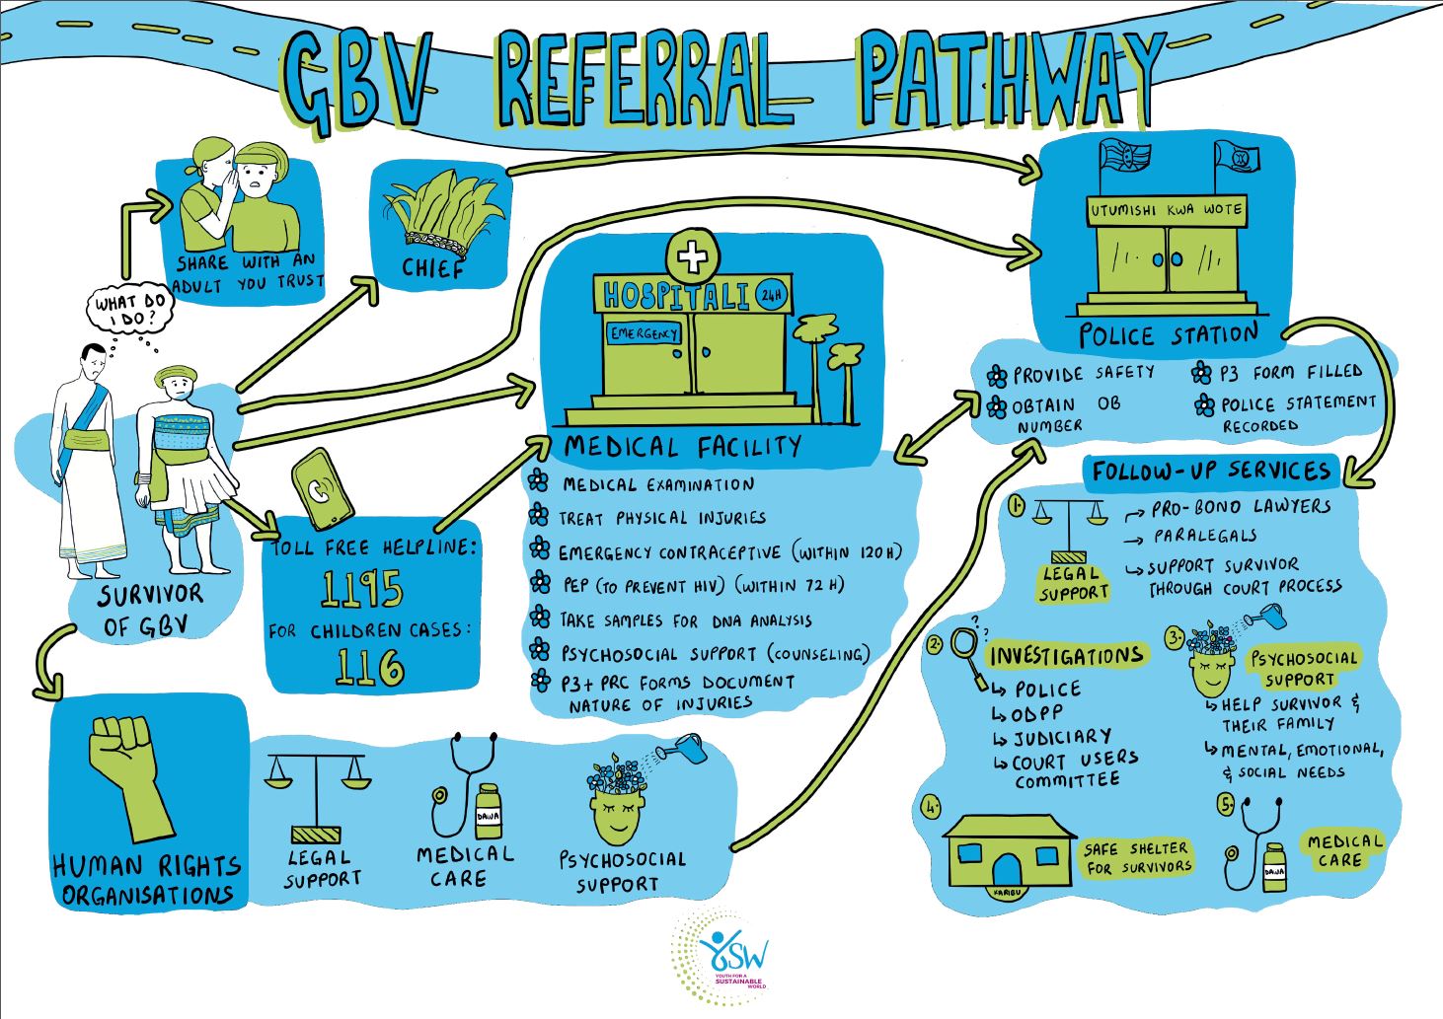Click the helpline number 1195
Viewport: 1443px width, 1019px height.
click(362, 590)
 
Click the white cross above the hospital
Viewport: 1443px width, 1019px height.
click(693, 258)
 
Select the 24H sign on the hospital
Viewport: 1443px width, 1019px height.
click(771, 294)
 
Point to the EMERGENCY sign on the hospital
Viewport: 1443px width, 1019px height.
click(645, 333)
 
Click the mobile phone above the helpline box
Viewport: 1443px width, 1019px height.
click(324, 490)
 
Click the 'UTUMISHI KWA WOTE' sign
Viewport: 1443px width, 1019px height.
click(1166, 209)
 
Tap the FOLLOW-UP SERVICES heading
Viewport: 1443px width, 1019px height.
click(1211, 472)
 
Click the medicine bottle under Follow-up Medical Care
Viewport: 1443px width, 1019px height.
click(1274, 866)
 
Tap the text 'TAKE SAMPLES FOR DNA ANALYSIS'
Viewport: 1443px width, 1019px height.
click(686, 620)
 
